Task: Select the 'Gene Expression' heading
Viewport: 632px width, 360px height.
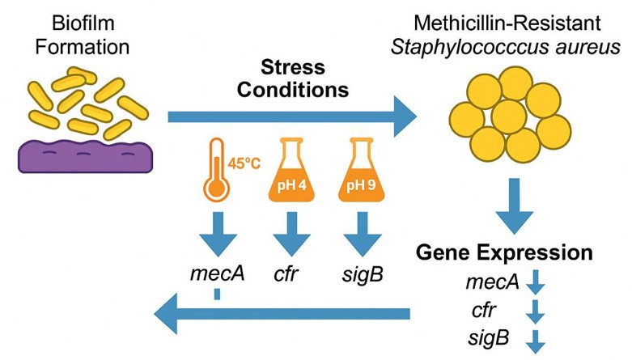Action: [503, 252]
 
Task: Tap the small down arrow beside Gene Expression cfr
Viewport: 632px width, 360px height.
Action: [536, 309]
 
